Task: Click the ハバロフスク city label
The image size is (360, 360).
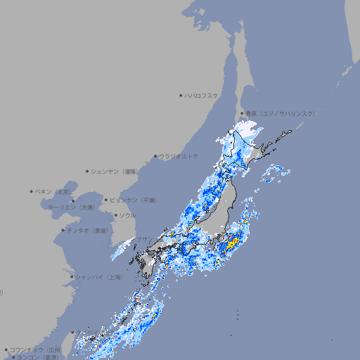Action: click(202, 96)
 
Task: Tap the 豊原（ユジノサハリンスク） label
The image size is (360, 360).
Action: click(280, 113)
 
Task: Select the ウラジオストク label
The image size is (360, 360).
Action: click(179, 156)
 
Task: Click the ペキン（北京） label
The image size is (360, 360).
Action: click(53, 191)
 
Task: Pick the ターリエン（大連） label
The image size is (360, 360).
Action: click(70, 208)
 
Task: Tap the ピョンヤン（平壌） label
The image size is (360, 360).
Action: click(134, 200)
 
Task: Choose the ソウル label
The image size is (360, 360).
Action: click(127, 216)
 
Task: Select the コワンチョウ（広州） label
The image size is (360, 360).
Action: click(36, 349)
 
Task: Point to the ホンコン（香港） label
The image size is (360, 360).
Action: click(38, 358)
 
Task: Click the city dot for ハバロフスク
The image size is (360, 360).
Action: click(181, 96)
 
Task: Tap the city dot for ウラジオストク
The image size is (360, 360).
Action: click(155, 156)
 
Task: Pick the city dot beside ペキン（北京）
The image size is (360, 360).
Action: click(32, 191)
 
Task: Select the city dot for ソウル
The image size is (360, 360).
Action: click(115, 216)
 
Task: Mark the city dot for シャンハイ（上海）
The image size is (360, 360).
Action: click(72, 277)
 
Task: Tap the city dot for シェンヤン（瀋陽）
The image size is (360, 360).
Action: click(87, 171)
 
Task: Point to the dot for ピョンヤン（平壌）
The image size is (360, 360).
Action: click(106, 200)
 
